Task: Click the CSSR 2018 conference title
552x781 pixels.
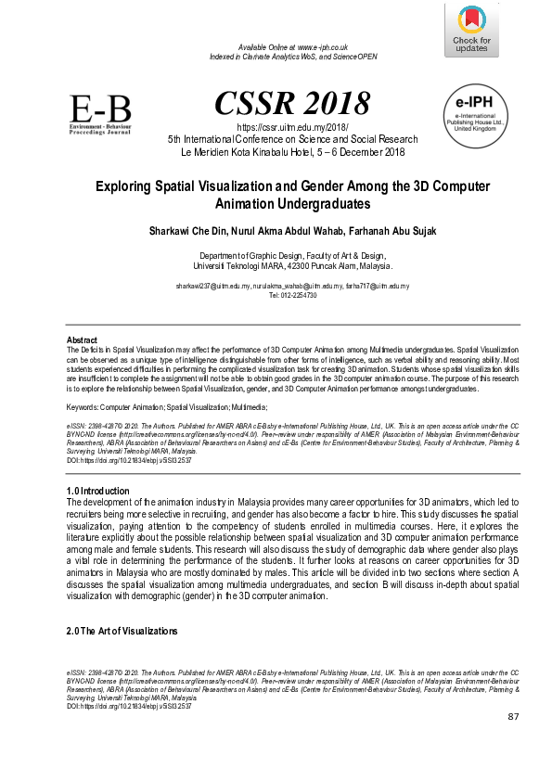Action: [x=292, y=103]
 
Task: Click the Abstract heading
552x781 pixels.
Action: [x=83, y=340]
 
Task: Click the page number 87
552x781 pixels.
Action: [x=514, y=717]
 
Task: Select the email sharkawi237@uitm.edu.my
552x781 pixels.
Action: [x=213, y=288]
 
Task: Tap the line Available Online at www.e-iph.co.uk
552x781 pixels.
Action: [x=293, y=46]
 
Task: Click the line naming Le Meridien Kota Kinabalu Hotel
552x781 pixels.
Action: [x=292, y=151]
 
